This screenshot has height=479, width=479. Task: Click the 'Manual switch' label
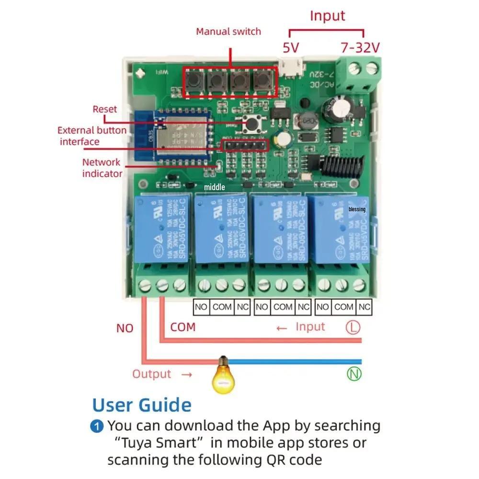[228, 32]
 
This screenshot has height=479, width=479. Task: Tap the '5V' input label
[291, 48]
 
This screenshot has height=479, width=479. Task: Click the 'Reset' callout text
[105, 109]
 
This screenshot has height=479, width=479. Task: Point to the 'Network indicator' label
[102, 168]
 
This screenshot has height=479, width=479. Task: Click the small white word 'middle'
[214, 187]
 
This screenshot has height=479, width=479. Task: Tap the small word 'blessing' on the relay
[357, 209]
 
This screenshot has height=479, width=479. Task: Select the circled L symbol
[353, 327]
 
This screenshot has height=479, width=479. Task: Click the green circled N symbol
[354, 374]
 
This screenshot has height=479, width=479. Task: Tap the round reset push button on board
[250, 124]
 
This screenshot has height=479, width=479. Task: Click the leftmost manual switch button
[194, 81]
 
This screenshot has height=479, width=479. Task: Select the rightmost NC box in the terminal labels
[365, 307]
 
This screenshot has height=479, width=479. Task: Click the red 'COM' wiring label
[183, 327]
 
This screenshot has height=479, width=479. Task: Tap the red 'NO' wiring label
[125, 329]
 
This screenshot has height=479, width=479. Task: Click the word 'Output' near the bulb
[152, 374]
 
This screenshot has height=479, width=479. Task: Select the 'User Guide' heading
[142, 405]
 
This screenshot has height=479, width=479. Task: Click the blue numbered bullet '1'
[97, 426]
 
